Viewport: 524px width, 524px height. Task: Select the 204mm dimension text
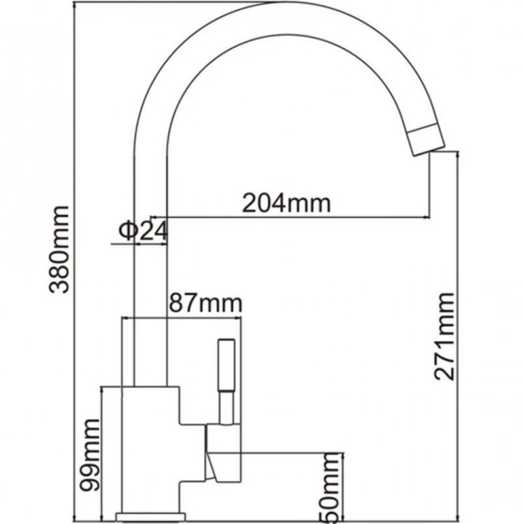286,203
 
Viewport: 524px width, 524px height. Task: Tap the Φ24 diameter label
143,231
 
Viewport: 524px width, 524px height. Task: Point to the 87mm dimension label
205,304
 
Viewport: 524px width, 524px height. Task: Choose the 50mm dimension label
333,488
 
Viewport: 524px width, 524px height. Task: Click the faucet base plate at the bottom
150,516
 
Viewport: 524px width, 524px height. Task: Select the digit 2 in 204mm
250,203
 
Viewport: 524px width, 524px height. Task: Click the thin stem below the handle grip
226,406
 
